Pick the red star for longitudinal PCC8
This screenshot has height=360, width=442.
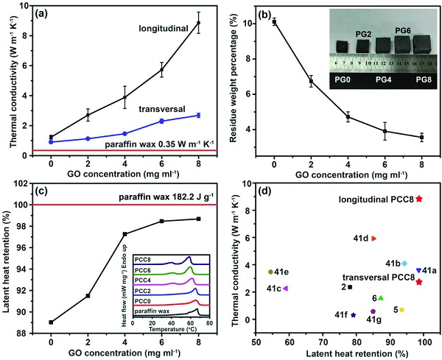(x=419, y=198)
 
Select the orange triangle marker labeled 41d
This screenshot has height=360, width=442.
(x=374, y=239)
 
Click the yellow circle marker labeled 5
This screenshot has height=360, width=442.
(x=401, y=310)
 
